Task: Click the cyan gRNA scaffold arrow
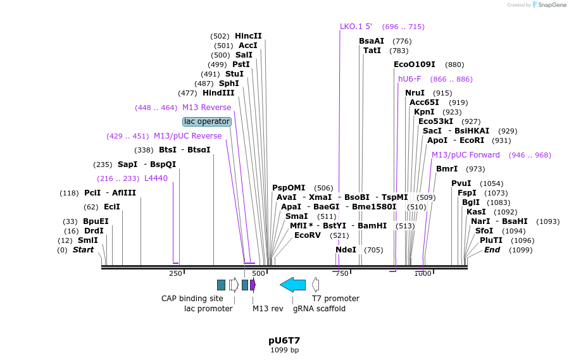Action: point(292,285)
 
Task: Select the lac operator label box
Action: point(207,121)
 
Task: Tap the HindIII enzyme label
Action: point(218,93)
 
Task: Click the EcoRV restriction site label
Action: point(308,235)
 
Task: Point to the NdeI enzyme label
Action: point(346,250)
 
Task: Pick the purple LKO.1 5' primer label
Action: point(356,27)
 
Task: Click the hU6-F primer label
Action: point(410,79)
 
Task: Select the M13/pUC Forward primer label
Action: point(465,155)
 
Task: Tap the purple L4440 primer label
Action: point(156,178)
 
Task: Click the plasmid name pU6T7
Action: point(284,340)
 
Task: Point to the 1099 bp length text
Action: point(284,350)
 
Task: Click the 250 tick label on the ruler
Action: point(175,273)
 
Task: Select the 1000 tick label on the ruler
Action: point(423,273)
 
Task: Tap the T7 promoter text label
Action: point(335,299)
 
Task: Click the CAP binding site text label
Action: point(192,299)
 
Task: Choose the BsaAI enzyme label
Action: point(372,41)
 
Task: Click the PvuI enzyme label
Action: point(461,183)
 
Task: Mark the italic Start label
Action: point(83,250)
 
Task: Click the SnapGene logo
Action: point(549,5)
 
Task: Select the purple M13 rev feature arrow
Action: point(253,285)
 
